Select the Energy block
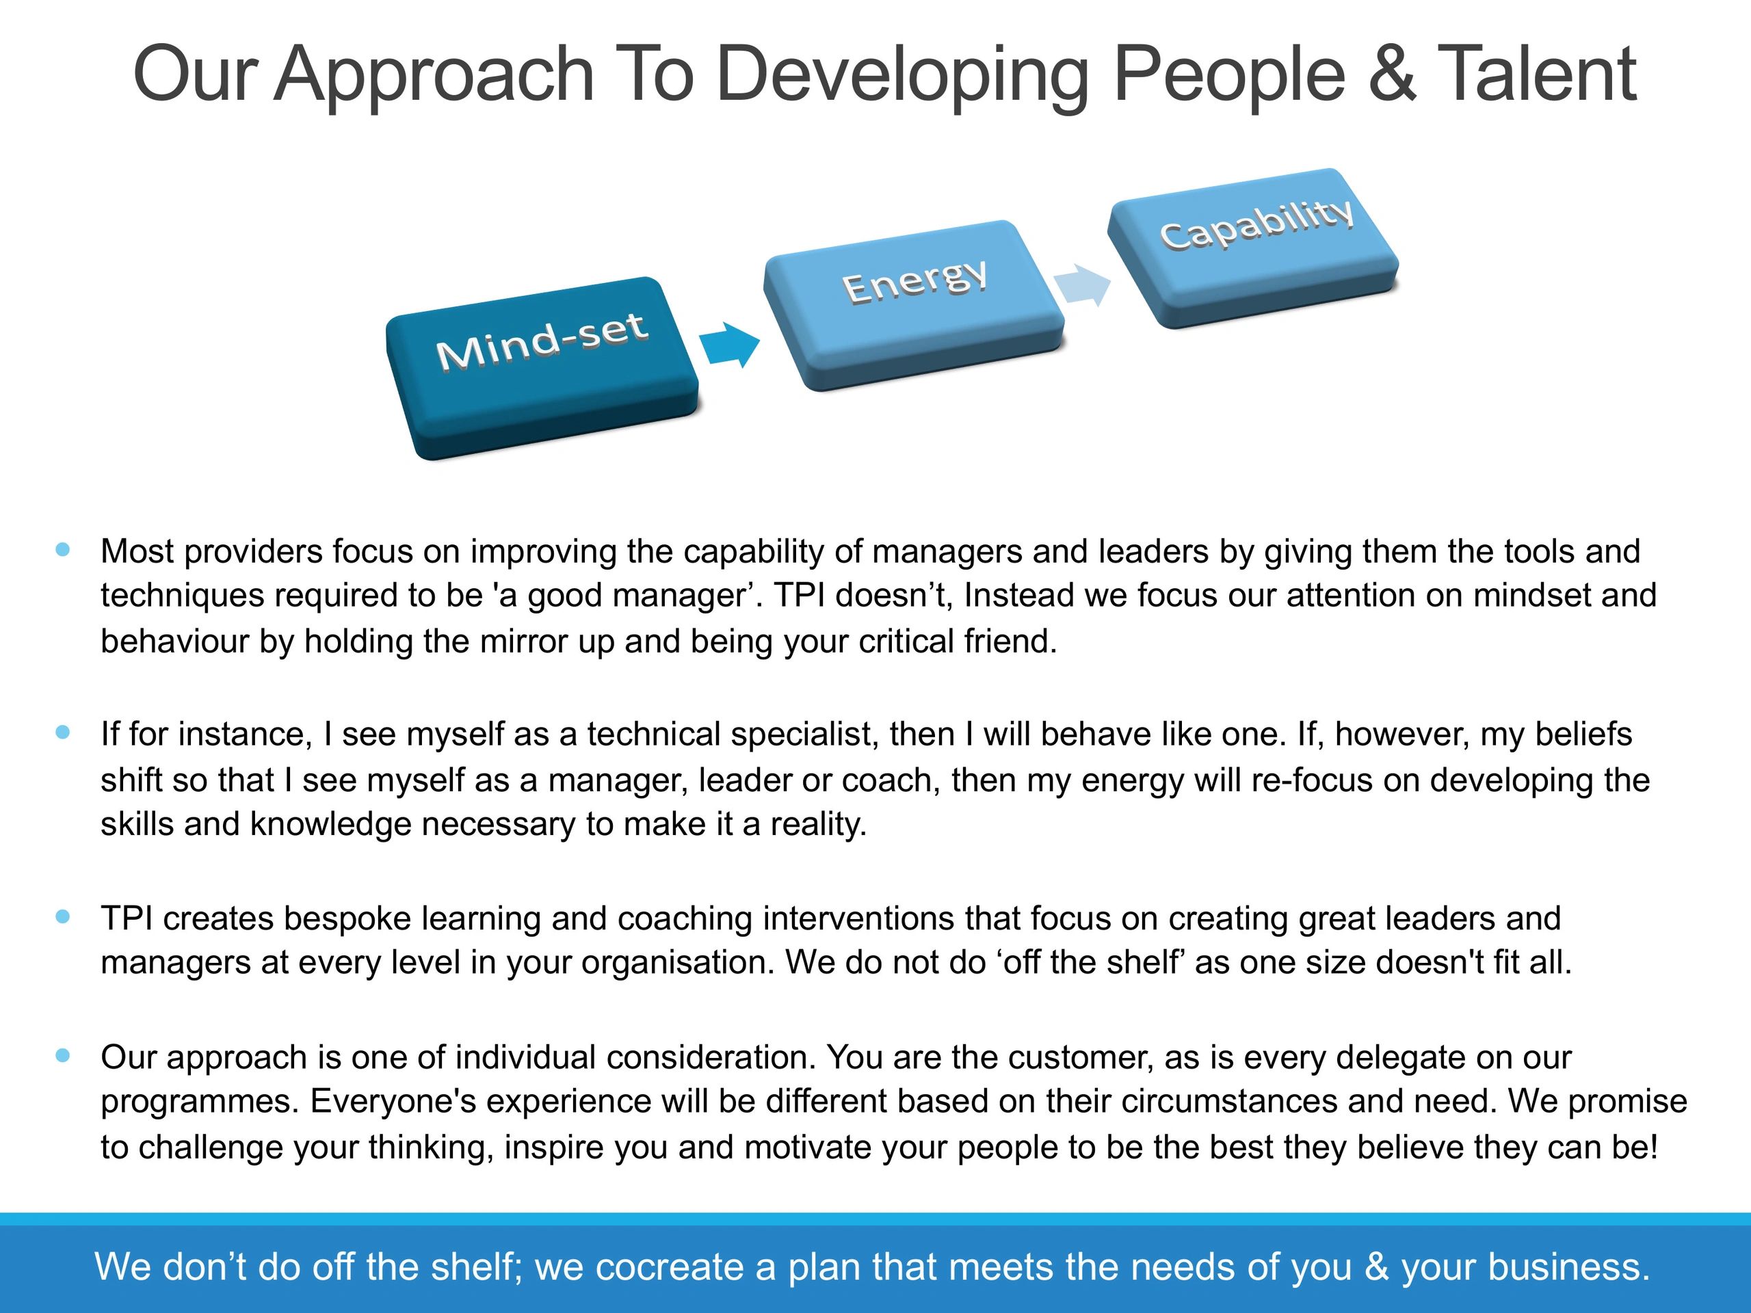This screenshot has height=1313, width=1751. click(x=914, y=305)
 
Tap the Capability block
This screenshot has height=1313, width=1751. click(x=1252, y=248)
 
